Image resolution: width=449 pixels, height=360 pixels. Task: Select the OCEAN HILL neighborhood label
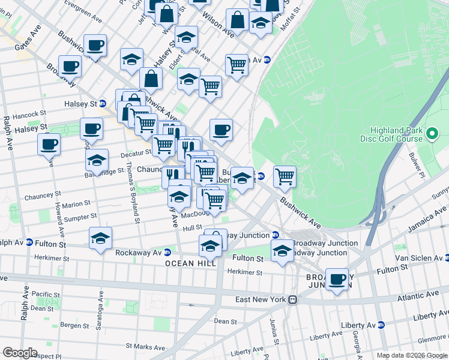click(188, 263)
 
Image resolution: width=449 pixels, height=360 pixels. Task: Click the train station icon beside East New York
click(292, 299)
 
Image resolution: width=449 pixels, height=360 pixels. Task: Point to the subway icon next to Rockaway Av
click(167, 253)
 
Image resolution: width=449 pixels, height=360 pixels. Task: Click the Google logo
click(20, 352)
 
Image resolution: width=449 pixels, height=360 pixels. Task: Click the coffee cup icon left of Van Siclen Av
click(337, 279)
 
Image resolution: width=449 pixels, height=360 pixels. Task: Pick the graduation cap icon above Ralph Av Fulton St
click(100, 238)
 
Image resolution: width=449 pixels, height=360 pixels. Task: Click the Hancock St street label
click(27, 114)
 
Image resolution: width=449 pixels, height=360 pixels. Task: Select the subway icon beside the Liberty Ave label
click(381, 325)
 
